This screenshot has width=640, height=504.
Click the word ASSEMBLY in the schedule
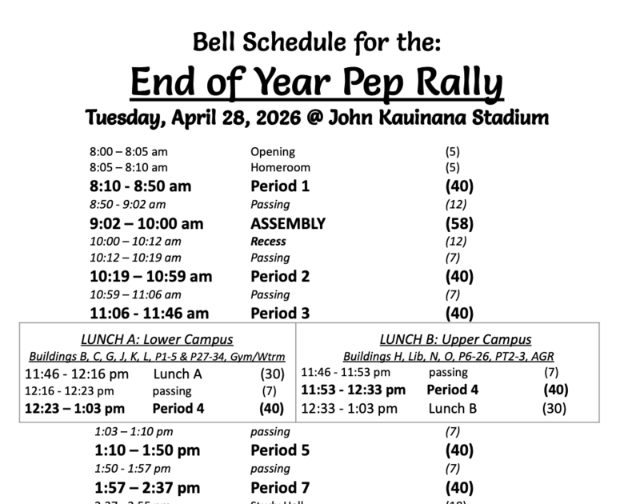pyautogui.click(x=288, y=223)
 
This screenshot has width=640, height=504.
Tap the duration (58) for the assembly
pyautogui.click(x=459, y=223)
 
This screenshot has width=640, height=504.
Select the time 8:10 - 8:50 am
pyautogui.click(x=141, y=186)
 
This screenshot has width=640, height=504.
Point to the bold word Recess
pyautogui.click(x=268, y=241)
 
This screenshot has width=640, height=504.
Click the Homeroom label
pyautogui.click(x=280, y=168)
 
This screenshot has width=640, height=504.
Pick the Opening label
pyautogui.click(x=273, y=151)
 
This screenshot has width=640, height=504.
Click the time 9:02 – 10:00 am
pyautogui.click(x=147, y=223)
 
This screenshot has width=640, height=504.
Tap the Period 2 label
pyautogui.click(x=280, y=277)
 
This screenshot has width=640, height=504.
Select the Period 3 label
pyautogui.click(x=280, y=313)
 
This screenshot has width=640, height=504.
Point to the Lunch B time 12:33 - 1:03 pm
pyautogui.click(x=349, y=408)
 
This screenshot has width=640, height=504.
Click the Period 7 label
pyautogui.click(x=280, y=486)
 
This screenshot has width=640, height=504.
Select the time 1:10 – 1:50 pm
pyautogui.click(x=147, y=450)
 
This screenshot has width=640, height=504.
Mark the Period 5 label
pyautogui.click(x=280, y=450)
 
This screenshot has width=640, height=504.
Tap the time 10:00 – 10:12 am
pyautogui.click(x=135, y=241)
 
